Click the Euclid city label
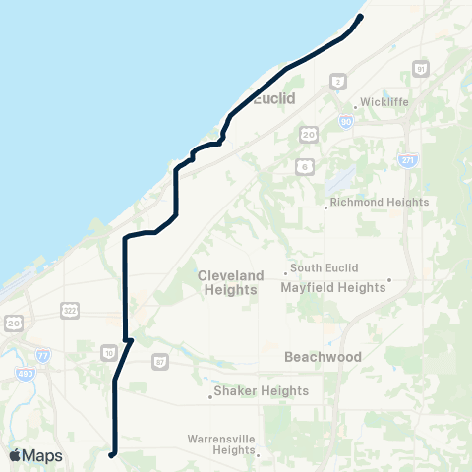pos(274,99)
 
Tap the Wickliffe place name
pos(383,101)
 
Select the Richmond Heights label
pos(380,202)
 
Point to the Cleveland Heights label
pos(230,282)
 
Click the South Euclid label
pos(324,268)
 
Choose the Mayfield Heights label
pos(332,288)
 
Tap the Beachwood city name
pos(323,357)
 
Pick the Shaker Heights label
pos(262,390)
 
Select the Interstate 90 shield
pos(345,121)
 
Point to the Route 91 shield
pos(421,69)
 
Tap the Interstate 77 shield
pos(43,355)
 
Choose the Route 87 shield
pos(160,362)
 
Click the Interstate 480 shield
pos(24,374)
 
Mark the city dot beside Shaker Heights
pos(209,398)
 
